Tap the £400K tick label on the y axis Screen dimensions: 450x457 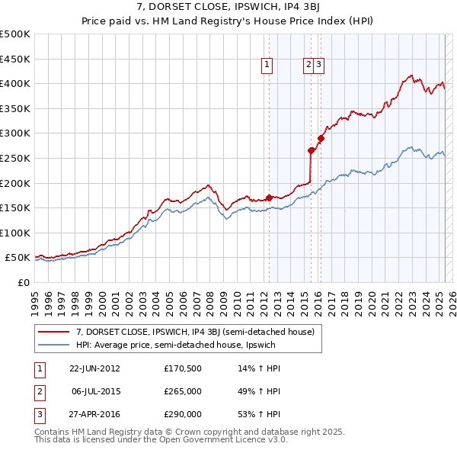click(14, 83)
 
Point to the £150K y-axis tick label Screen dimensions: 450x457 click(14, 207)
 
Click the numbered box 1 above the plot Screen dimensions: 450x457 click(268, 66)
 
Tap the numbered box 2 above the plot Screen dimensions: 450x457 click(308, 66)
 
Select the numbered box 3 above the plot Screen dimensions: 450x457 click(319, 66)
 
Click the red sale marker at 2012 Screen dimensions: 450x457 click(269, 198)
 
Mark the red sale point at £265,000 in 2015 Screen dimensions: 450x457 click(311, 151)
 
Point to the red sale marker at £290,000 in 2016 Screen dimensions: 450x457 click(321, 139)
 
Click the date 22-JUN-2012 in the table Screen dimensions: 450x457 click(94, 368)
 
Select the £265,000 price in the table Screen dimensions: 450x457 click(183, 391)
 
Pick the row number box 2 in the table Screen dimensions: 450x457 click(39, 391)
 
